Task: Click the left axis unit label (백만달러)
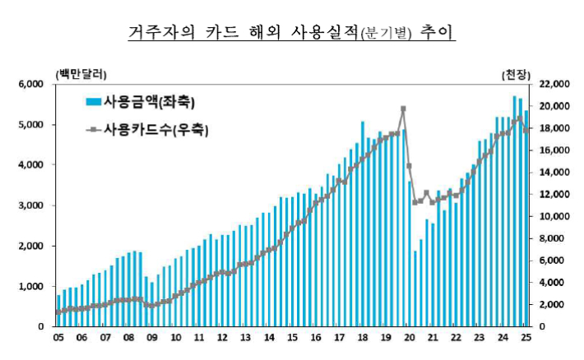(x=81, y=74)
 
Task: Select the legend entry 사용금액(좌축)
(x=140, y=102)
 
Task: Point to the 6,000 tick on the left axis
(x=30, y=85)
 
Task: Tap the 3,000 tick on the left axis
(x=30, y=205)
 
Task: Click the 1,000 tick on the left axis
(x=30, y=286)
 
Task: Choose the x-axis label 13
(x=245, y=337)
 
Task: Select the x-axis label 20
(x=409, y=337)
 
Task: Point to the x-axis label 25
(x=526, y=337)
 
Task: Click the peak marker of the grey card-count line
(x=403, y=108)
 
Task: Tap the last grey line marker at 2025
(x=526, y=130)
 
